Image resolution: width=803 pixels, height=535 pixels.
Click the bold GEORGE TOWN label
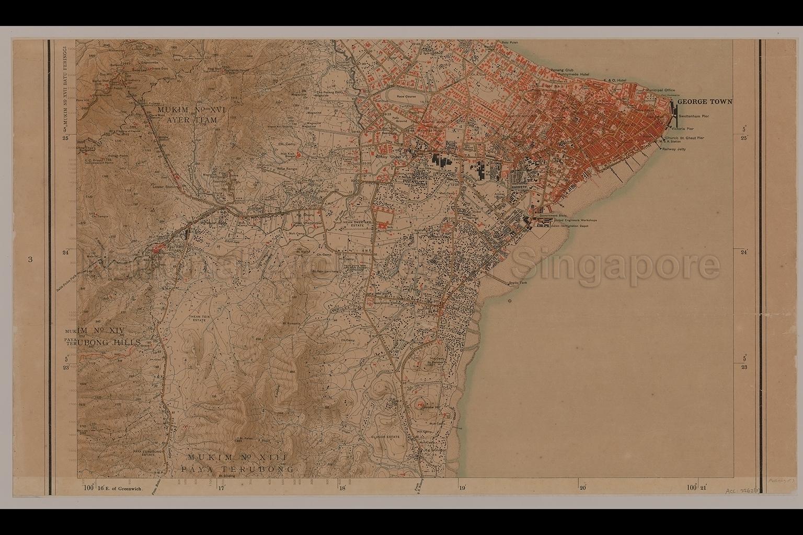pos(705,102)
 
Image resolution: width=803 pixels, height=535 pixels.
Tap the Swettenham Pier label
pos(694,117)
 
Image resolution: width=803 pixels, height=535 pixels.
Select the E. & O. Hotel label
pos(615,80)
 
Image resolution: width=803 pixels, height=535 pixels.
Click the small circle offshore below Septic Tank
pos(510,300)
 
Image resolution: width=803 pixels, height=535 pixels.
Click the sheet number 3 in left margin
pos(31,259)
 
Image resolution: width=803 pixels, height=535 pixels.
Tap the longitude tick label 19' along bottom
pos(462,487)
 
